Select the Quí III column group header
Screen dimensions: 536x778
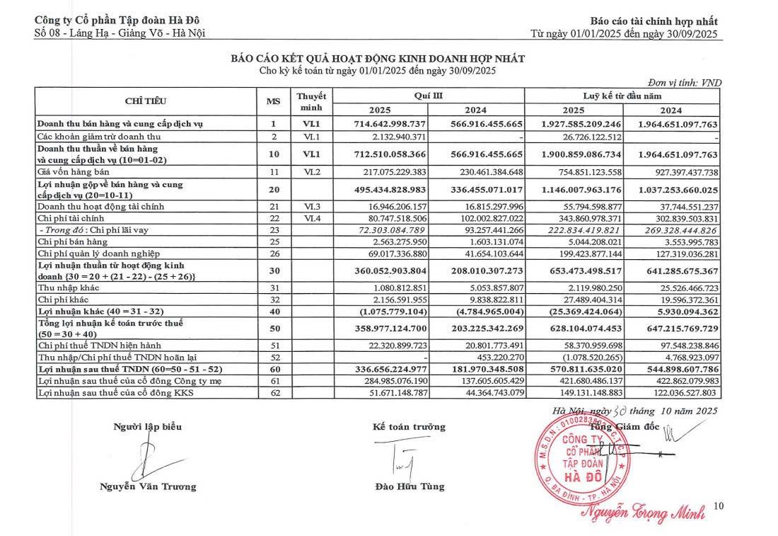(x=429, y=95)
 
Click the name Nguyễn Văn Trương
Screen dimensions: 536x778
(x=147, y=486)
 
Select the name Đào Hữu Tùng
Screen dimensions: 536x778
(x=410, y=486)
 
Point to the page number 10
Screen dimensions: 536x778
(x=720, y=506)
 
